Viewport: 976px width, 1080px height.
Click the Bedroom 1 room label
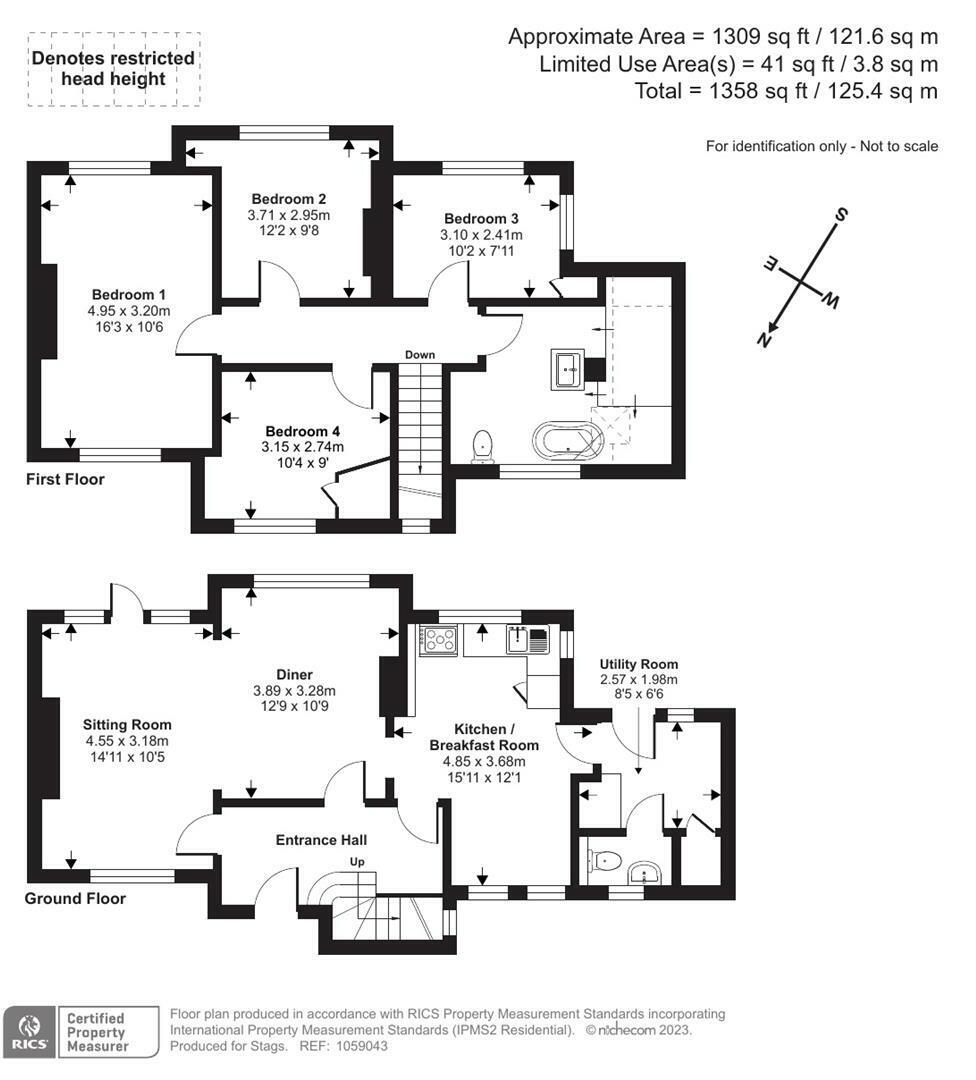pos(129,295)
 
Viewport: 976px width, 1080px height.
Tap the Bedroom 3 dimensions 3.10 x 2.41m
pos(481,235)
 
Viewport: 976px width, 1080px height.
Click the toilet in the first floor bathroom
pos(482,446)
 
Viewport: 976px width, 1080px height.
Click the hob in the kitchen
pos(438,638)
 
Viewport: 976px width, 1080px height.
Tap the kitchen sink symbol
pos(528,639)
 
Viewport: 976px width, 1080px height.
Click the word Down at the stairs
pos(419,355)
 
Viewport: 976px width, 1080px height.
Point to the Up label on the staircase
pos(357,862)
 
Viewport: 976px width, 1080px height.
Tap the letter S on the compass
pos(840,215)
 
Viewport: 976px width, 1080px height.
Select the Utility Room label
pos(638,664)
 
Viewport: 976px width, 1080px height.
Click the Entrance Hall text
pos(321,840)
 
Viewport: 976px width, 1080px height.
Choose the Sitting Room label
pos(127,725)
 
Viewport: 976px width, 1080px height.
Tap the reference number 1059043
pos(361,1046)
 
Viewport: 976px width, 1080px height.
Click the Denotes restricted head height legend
pos(114,69)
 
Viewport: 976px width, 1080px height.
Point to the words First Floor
pos(65,479)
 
